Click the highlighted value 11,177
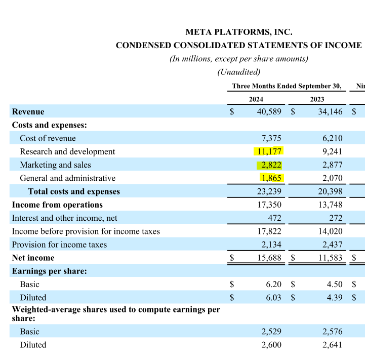pyautogui.click(x=269, y=151)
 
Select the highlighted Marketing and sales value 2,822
pyautogui.click(x=271, y=165)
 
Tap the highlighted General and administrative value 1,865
pyautogui.click(x=271, y=178)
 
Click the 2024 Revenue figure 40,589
pyautogui.click(x=269, y=111)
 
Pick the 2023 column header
pyautogui.click(x=317, y=99)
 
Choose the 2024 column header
pyautogui.click(x=256, y=99)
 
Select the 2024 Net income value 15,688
pyautogui.click(x=269, y=258)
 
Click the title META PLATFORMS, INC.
pyautogui.click(x=239, y=32)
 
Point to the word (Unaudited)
pyautogui.click(x=239, y=72)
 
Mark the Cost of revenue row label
pyautogui.click(x=48, y=138)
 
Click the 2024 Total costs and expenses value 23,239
pyautogui.click(x=269, y=191)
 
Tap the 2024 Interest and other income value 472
pyautogui.click(x=274, y=218)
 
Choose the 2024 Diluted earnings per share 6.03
pyautogui.click(x=273, y=297)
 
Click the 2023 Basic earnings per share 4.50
pyautogui.click(x=335, y=284)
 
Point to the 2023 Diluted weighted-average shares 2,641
pyautogui.click(x=332, y=345)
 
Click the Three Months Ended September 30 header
pyautogui.click(x=287, y=86)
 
